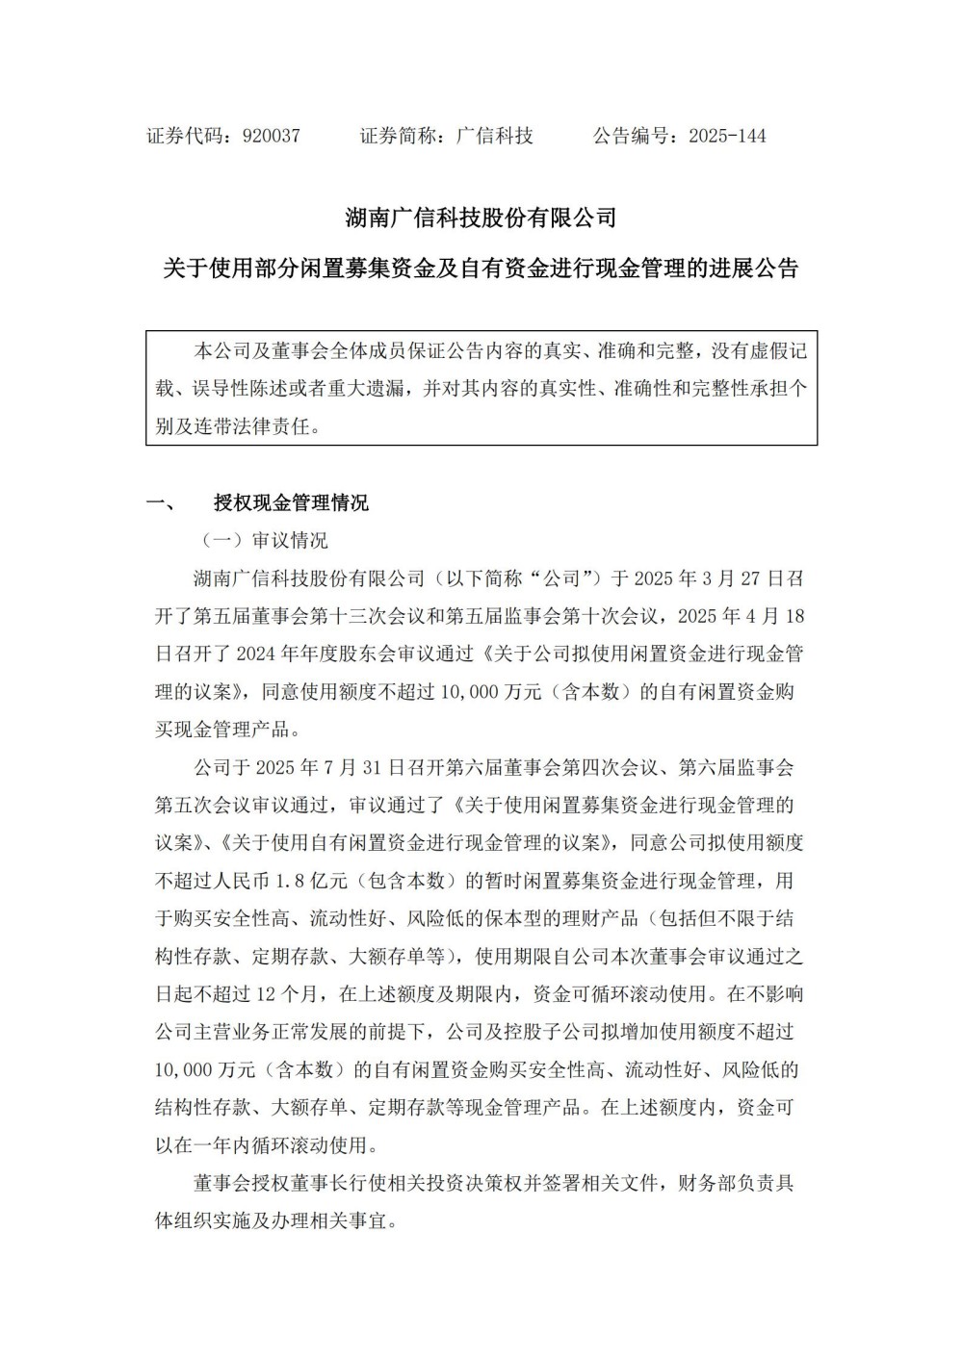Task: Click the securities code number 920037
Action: pyautogui.click(x=272, y=136)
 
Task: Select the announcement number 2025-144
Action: pyautogui.click(x=727, y=136)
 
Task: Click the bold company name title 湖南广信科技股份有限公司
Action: pyautogui.click(x=481, y=218)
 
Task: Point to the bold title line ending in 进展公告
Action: pyautogui.click(x=481, y=269)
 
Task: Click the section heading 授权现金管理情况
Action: pyautogui.click(x=291, y=502)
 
